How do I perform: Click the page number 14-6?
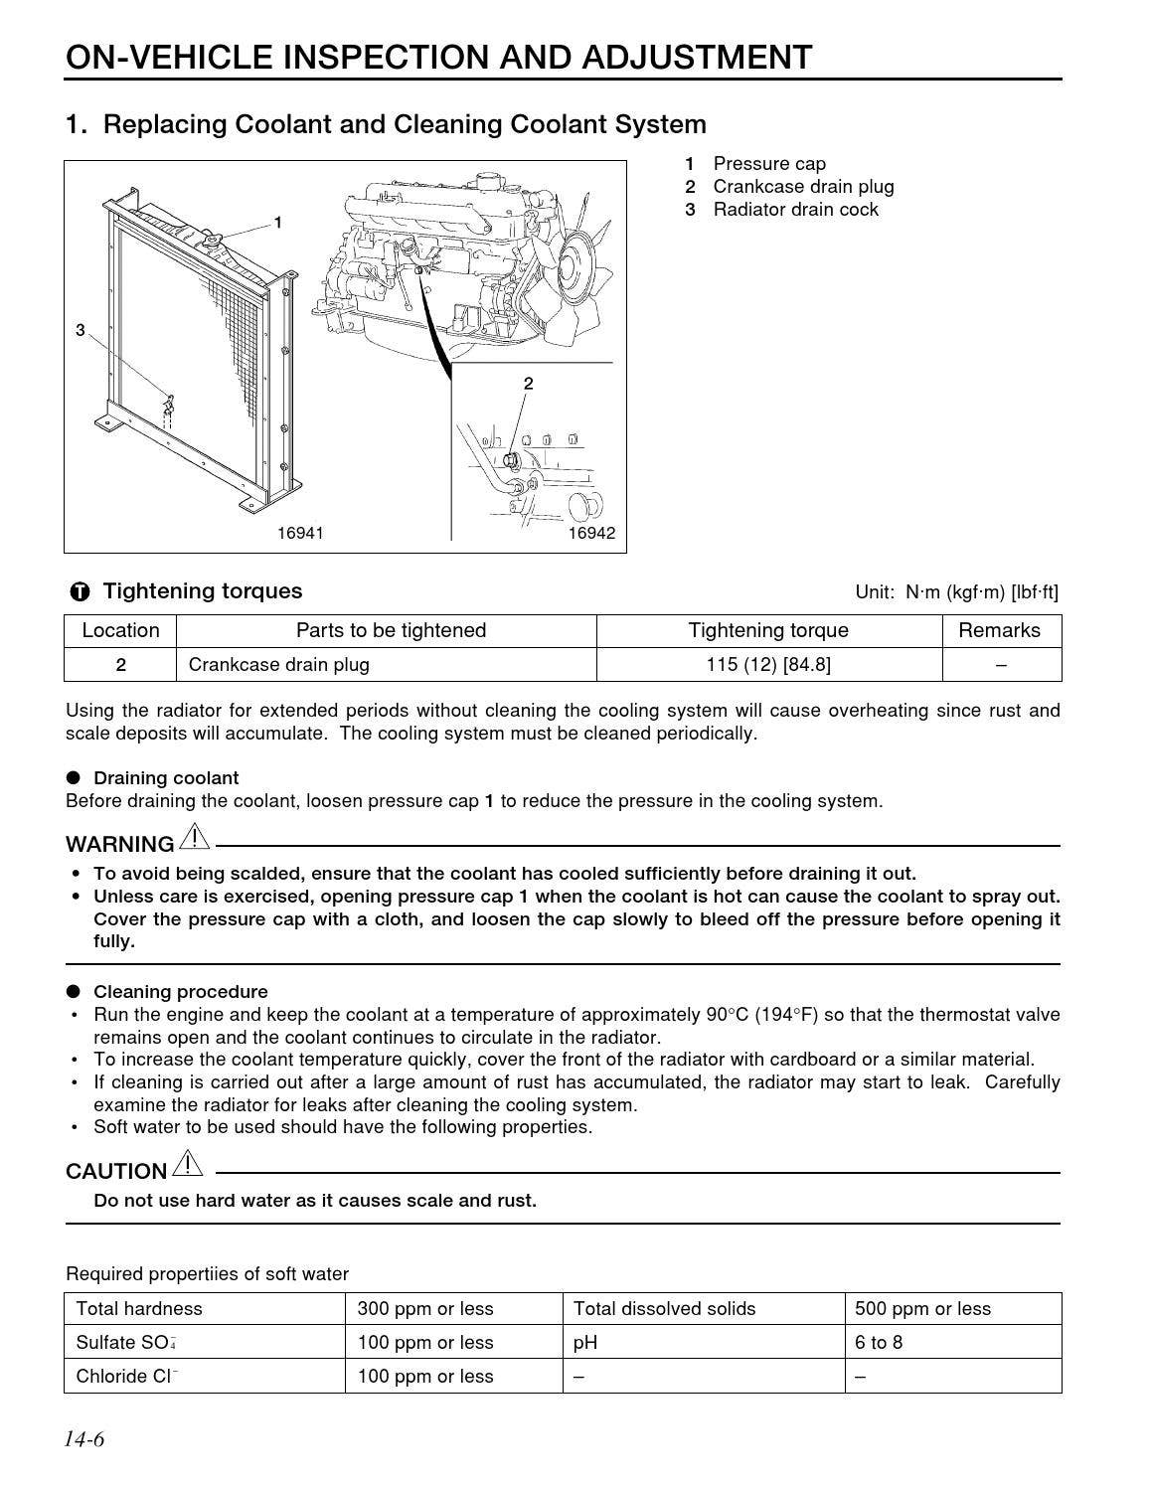(84, 1439)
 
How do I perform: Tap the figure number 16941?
(300, 534)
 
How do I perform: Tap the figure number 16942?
(591, 534)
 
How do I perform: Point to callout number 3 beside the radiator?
(81, 330)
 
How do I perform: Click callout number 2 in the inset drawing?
(528, 384)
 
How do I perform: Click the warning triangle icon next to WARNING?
(194, 838)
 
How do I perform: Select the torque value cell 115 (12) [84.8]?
(768, 664)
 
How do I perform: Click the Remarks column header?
(999, 630)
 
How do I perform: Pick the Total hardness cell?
(139, 1308)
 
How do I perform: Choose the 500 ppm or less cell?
(922, 1308)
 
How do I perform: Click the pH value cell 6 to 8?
(879, 1342)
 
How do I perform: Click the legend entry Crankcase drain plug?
(802, 187)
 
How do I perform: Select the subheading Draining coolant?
(166, 777)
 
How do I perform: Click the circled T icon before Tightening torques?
(81, 592)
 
